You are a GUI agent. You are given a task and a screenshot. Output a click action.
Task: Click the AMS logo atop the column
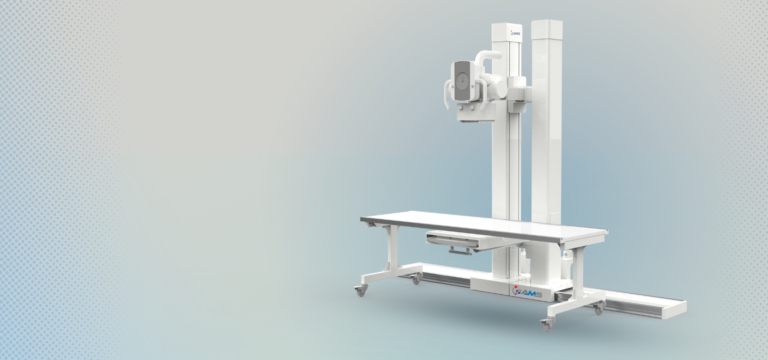516,33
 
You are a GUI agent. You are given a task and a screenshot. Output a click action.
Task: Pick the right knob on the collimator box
472,108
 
